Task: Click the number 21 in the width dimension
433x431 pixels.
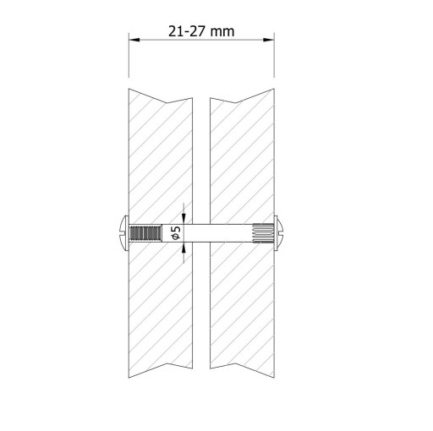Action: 175,31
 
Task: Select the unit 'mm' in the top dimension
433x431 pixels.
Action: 222,33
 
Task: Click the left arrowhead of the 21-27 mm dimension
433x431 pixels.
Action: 134,40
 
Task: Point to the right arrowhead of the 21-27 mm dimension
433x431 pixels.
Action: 269,40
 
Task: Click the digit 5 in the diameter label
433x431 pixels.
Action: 177,229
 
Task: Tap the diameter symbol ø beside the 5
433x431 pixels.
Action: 177,237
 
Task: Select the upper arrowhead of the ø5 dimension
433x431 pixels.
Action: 184,219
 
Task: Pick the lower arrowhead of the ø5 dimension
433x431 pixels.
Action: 184,248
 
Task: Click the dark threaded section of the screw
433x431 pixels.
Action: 145,233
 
